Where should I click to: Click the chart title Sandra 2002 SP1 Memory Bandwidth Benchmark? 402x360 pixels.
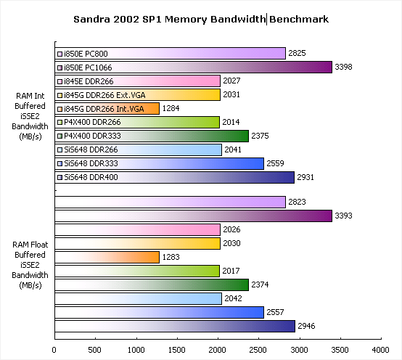(x=201, y=19)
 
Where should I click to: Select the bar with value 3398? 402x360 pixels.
(x=194, y=67)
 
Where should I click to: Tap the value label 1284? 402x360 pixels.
(x=171, y=108)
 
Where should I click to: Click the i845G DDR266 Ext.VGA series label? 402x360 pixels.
(x=104, y=95)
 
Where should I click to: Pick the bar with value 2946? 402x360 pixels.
(x=175, y=326)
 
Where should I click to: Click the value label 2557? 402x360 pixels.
(x=275, y=312)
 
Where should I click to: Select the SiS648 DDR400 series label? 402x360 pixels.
(x=91, y=177)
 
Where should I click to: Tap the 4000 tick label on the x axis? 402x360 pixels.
(x=381, y=350)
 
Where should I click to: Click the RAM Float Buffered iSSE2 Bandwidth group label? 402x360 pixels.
(x=30, y=265)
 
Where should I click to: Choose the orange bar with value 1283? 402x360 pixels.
(x=107, y=257)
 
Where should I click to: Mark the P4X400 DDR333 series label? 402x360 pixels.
(x=92, y=136)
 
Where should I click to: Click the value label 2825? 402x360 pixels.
(x=297, y=53)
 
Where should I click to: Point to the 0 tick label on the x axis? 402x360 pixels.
(x=54, y=350)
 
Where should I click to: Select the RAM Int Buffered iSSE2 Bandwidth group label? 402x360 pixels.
(x=30, y=116)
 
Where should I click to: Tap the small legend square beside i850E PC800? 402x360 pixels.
(x=60, y=54)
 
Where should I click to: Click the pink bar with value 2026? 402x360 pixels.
(x=138, y=230)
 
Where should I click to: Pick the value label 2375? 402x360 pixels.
(x=260, y=136)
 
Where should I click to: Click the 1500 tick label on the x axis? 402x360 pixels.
(x=176, y=350)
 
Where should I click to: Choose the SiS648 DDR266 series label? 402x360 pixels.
(x=91, y=150)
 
